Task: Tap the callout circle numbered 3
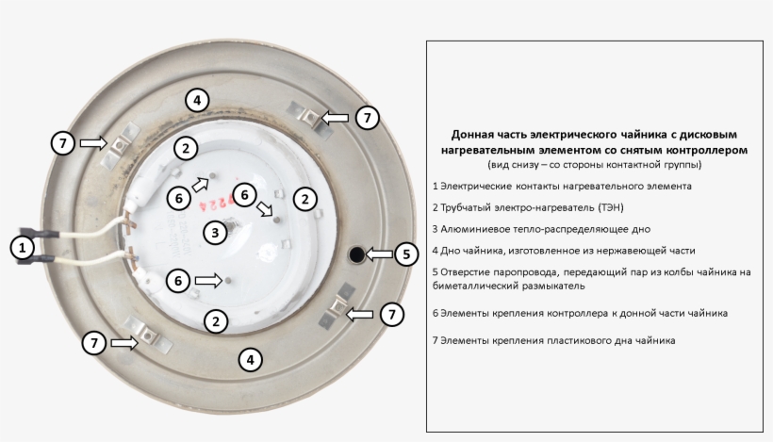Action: coord(216,231)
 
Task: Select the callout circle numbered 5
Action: coord(405,254)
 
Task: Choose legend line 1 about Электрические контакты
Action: coord(561,186)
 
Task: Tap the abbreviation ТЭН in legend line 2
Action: coord(608,207)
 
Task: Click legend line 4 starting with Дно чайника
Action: coord(563,251)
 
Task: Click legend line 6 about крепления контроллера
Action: coord(579,312)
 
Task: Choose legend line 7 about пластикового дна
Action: coord(552,339)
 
